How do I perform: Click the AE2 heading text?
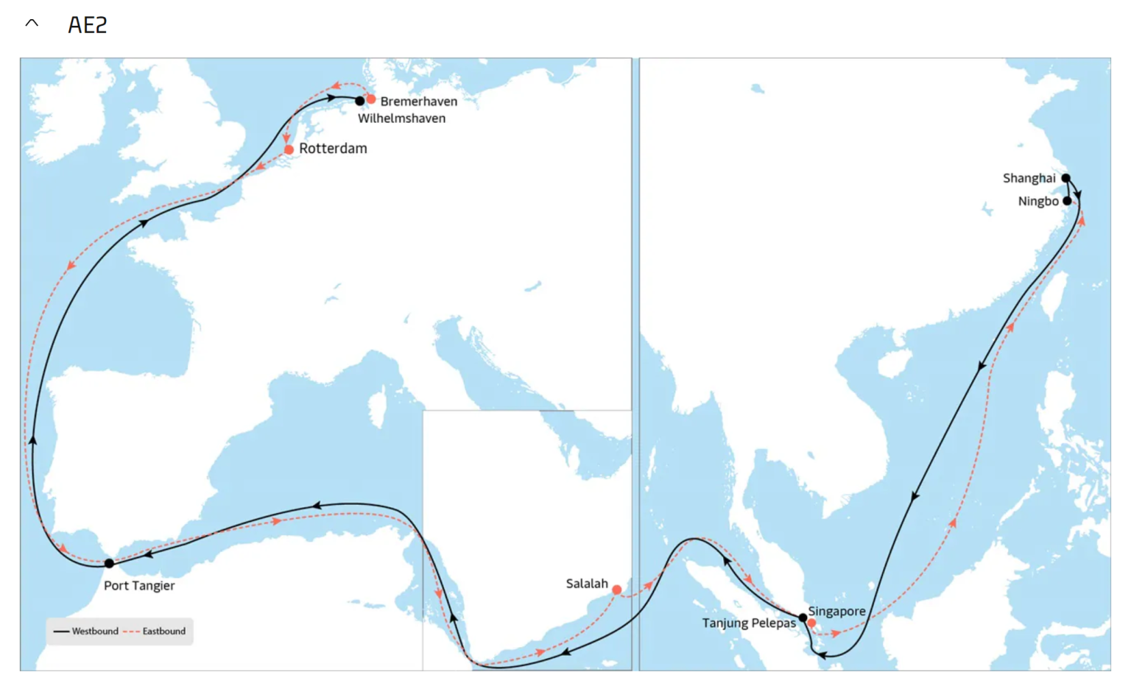(88, 25)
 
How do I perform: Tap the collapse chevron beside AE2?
(32, 24)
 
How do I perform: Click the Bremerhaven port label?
(418, 102)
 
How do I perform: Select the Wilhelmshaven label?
(401, 119)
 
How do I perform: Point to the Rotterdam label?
(333, 149)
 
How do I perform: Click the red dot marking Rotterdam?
(289, 149)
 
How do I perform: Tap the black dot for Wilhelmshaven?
(359, 101)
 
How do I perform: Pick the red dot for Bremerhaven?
(371, 99)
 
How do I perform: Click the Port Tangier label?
(139, 586)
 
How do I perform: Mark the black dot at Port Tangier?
(109, 564)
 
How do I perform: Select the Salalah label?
(587, 584)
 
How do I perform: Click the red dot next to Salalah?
(616, 590)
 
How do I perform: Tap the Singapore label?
(836, 611)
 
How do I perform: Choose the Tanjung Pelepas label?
(749, 623)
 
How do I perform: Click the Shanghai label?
(1029, 178)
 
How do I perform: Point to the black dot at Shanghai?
(1065, 178)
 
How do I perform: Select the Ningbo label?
(1038, 202)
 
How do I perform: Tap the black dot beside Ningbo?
(1067, 201)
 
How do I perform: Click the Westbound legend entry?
(87, 632)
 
